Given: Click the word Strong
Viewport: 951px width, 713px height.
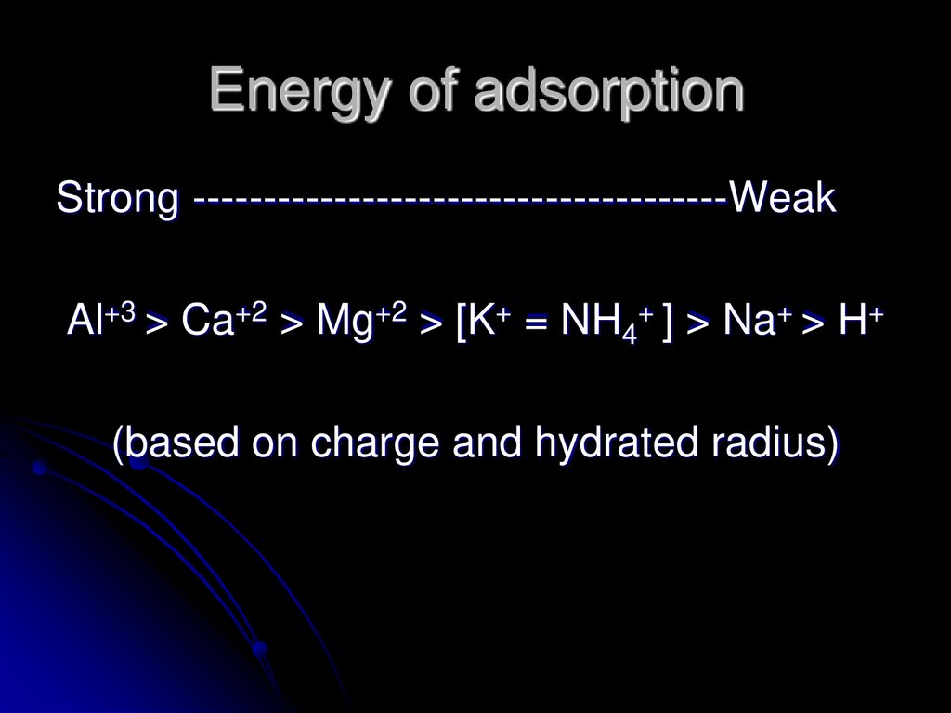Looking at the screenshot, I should (x=118, y=199).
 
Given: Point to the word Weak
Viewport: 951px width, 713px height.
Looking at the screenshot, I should (x=783, y=198).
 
